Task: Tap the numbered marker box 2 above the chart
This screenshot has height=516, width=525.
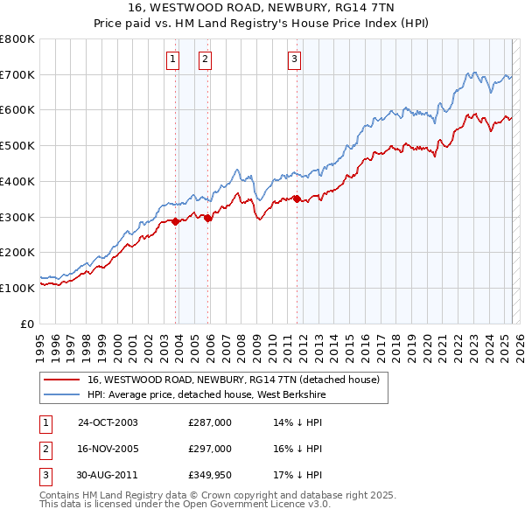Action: coord(204,59)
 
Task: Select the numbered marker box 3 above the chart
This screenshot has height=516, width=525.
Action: coord(294,59)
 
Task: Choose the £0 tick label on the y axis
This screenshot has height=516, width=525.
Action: coord(28,324)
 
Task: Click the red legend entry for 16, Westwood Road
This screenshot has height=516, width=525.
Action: coord(233,380)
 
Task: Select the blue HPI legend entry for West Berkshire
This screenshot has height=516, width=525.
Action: coord(219,394)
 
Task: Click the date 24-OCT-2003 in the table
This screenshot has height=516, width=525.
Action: coord(108,422)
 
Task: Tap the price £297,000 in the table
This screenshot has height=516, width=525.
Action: coord(210,449)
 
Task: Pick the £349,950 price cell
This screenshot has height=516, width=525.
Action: coord(210,475)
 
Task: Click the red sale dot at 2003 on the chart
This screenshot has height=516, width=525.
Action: coord(176,221)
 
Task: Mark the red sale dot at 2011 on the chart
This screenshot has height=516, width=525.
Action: coord(297,199)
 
